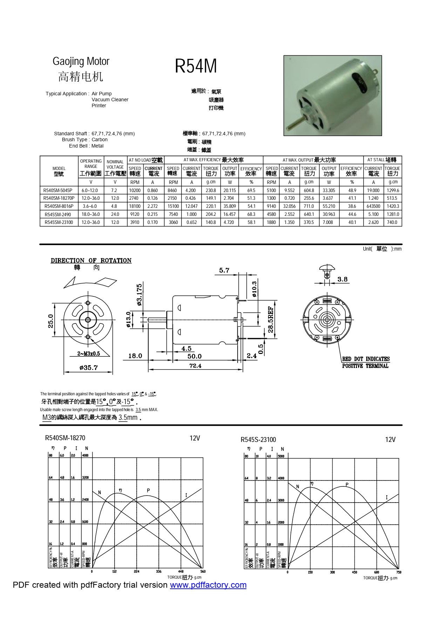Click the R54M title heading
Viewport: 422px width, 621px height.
[196, 66]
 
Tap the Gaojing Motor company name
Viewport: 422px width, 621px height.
[81, 61]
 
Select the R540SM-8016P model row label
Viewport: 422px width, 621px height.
[59, 206]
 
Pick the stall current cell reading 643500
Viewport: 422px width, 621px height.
[373, 206]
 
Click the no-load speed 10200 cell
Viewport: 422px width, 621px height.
[135, 190]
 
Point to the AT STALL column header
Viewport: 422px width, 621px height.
[382, 160]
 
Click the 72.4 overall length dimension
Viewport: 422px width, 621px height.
[195, 366]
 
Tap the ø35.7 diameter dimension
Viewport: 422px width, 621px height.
[88, 368]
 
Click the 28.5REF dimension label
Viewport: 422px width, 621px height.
[271, 319]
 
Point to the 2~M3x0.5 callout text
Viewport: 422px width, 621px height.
[88, 354]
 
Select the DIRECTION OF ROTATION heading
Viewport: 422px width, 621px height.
[91, 260]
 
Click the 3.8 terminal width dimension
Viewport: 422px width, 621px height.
[342, 279]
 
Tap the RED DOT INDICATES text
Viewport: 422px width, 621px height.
[366, 359]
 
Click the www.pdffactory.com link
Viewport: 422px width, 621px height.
[208, 585]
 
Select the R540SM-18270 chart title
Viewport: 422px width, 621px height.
[65, 438]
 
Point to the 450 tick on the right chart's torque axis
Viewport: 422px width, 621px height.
[354, 572]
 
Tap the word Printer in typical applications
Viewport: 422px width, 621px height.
[99, 105]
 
